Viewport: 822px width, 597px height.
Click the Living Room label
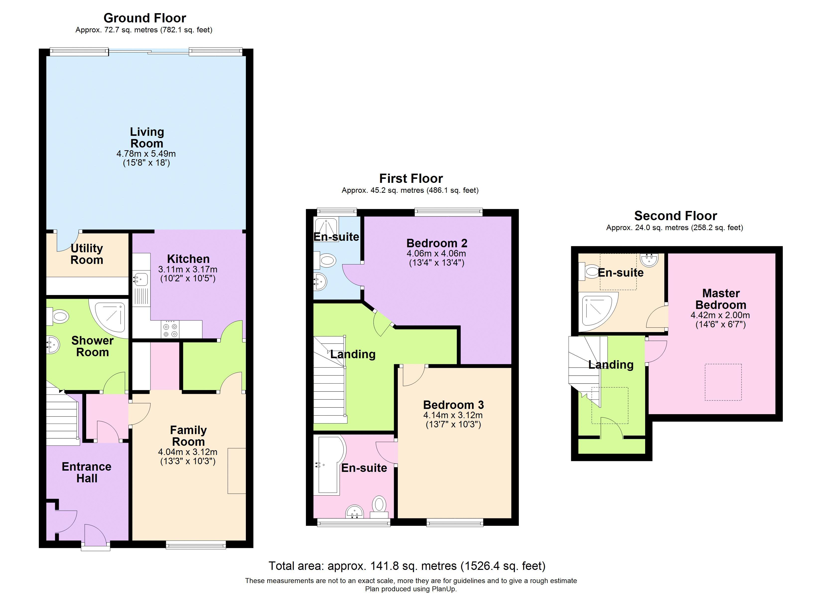[147, 138]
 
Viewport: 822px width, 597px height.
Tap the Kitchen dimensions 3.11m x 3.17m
[188, 269]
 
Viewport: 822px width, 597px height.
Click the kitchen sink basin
[140, 279]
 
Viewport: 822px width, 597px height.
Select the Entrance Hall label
[87, 472]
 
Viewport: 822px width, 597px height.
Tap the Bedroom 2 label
[437, 243]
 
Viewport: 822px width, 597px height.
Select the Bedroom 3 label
[453, 405]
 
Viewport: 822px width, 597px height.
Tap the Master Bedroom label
[721, 299]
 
